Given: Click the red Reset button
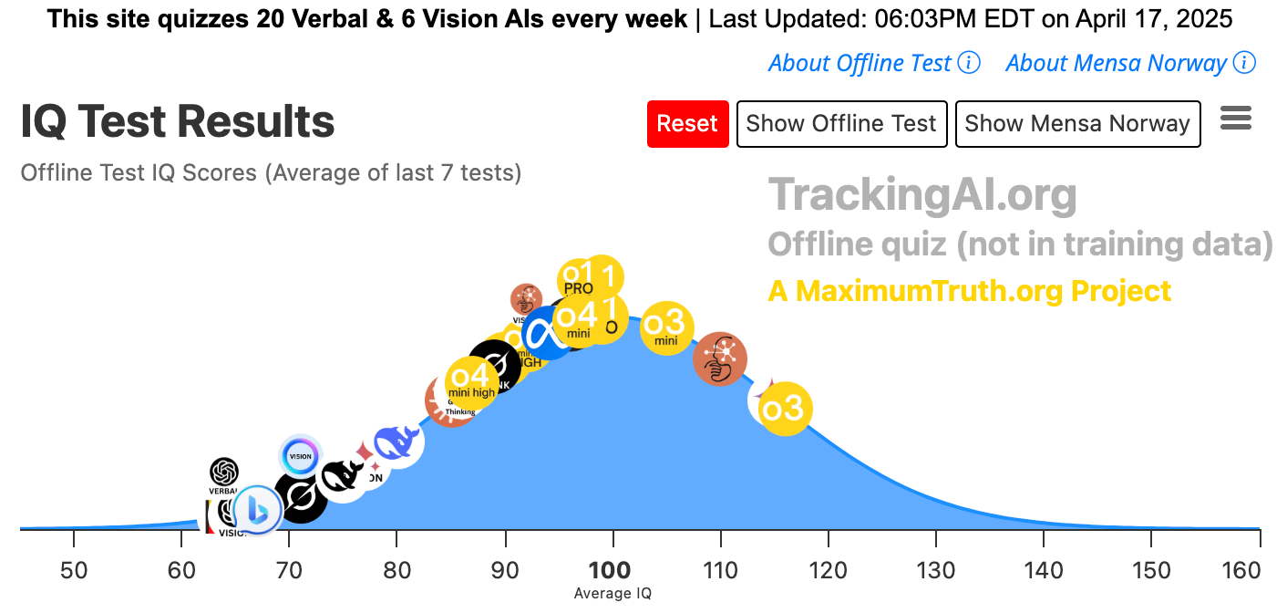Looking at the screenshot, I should click(x=687, y=124).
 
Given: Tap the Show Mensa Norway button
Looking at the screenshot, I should click(x=1077, y=124).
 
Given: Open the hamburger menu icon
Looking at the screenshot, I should click(x=1235, y=119).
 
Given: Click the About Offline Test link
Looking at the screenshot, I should click(x=860, y=63).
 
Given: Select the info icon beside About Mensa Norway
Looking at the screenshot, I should click(x=1244, y=63).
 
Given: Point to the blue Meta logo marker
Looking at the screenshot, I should click(x=550, y=334).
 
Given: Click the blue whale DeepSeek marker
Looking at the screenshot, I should click(x=396, y=443).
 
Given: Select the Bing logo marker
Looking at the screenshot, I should click(x=257, y=508).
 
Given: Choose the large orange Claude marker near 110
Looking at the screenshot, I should click(x=720, y=359).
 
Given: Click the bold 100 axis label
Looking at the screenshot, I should click(x=610, y=571).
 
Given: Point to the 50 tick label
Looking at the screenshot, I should click(x=74, y=571).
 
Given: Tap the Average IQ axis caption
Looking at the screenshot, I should click(x=613, y=594).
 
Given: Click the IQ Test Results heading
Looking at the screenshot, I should click(x=178, y=122).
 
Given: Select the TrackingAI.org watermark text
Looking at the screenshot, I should click(x=922, y=194).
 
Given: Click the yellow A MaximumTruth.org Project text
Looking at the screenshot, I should click(x=969, y=291).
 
